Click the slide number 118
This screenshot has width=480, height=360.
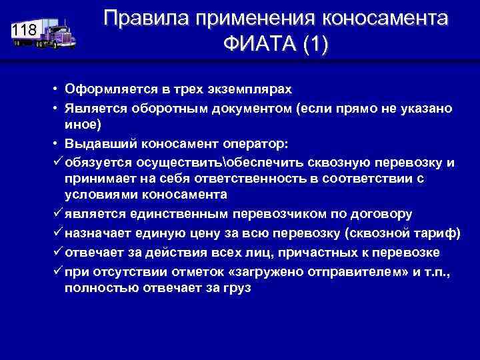[x=24, y=30]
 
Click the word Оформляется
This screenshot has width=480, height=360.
[x=103, y=89]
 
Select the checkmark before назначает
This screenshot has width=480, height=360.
[x=57, y=232]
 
